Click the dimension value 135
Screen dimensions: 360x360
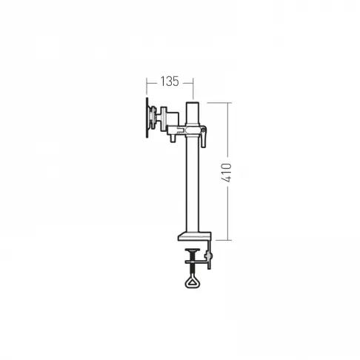[170, 81]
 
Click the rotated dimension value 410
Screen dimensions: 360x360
[227, 173]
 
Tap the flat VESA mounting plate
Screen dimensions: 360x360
[147, 118]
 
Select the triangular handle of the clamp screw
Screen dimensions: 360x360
[193, 281]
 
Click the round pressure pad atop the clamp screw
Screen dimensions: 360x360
[193, 250]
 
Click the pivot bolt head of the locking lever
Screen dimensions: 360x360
[203, 130]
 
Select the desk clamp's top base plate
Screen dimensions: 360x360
[195, 236]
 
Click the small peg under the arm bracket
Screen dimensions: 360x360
[173, 139]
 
